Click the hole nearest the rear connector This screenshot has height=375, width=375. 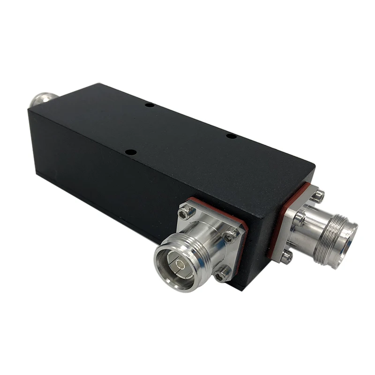(x=149, y=105)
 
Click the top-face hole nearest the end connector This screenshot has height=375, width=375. (x=231, y=136)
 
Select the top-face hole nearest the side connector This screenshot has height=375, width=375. (x=132, y=152)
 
